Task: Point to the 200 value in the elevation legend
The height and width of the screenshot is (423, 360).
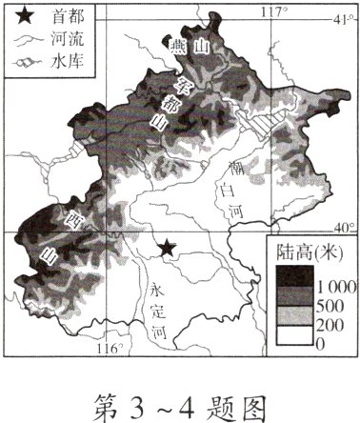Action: [326, 325]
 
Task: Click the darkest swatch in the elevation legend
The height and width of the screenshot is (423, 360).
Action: [291, 277]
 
